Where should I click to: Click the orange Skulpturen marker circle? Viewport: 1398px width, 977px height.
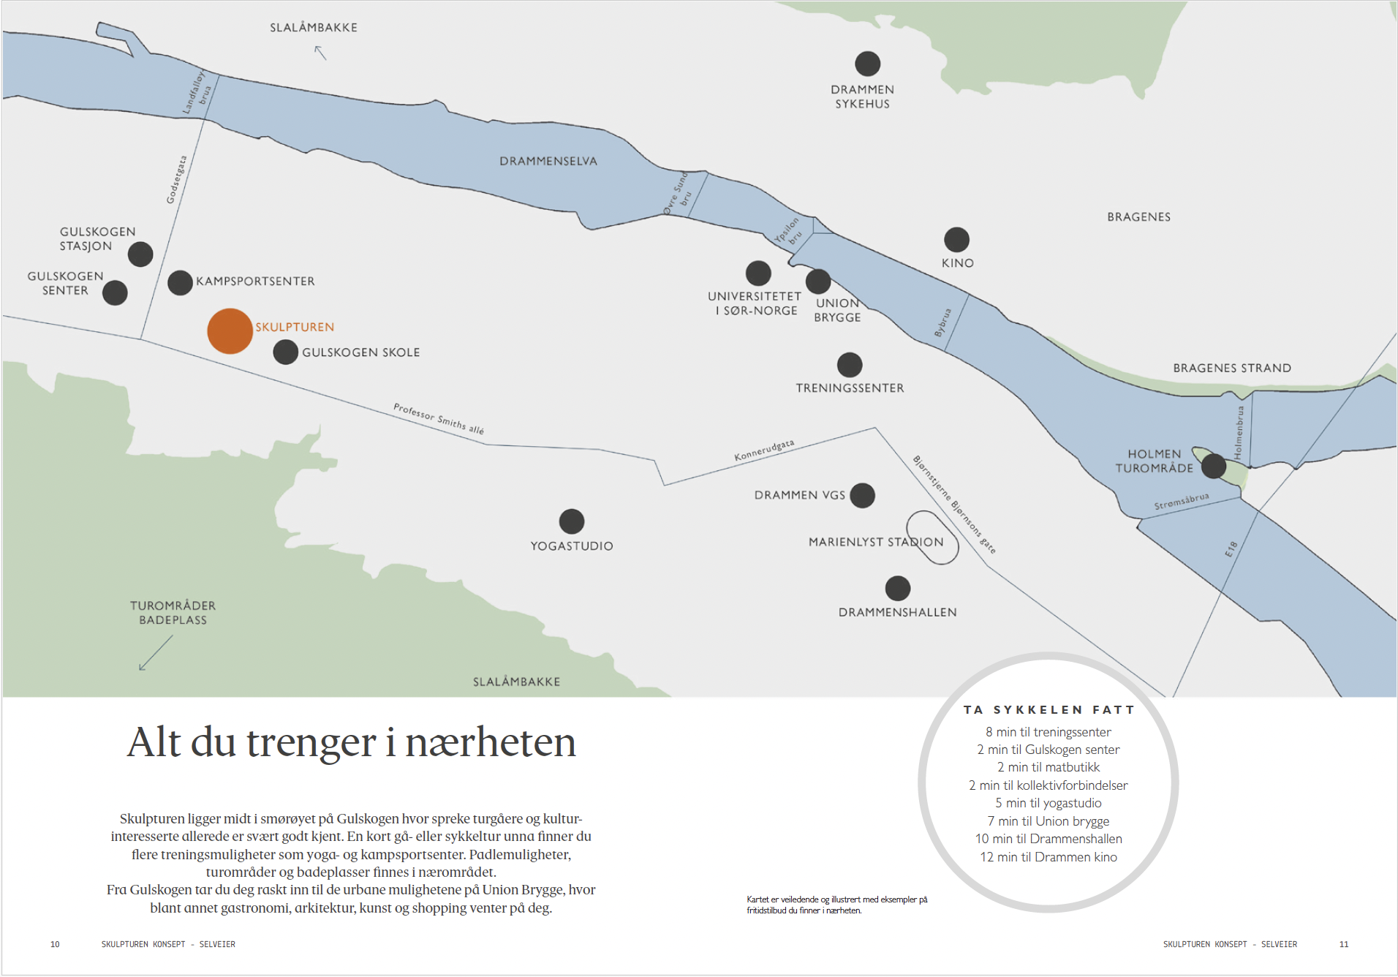click(x=230, y=331)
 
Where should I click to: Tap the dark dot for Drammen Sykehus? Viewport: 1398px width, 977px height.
click(x=867, y=64)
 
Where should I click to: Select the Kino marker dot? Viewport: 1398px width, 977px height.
click(x=956, y=239)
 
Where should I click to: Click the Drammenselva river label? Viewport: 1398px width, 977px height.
click(x=548, y=162)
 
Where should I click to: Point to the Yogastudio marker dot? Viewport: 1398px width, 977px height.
click(x=571, y=521)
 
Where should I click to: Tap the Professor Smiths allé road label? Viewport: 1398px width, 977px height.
click(x=438, y=418)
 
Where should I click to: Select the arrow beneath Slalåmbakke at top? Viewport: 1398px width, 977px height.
click(x=320, y=53)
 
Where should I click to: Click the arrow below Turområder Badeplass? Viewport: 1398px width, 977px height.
click(x=156, y=652)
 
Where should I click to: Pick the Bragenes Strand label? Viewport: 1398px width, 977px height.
click(x=1231, y=368)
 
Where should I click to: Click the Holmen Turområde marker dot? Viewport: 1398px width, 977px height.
click(x=1213, y=466)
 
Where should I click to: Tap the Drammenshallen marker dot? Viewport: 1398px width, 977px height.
click(x=897, y=588)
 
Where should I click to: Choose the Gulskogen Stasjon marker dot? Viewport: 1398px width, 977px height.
click(x=140, y=254)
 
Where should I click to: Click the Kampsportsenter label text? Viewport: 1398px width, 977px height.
click(x=255, y=282)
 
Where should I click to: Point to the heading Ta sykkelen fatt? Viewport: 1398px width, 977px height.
click(x=1048, y=709)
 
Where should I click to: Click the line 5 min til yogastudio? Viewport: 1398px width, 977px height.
click(x=1048, y=803)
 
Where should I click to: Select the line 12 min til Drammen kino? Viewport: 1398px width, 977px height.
click(x=1048, y=857)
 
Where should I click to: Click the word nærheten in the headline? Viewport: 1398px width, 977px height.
click(x=490, y=742)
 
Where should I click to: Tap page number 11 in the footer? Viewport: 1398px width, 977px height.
click(x=1343, y=944)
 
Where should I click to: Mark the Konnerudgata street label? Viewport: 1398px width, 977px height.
click(x=764, y=450)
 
